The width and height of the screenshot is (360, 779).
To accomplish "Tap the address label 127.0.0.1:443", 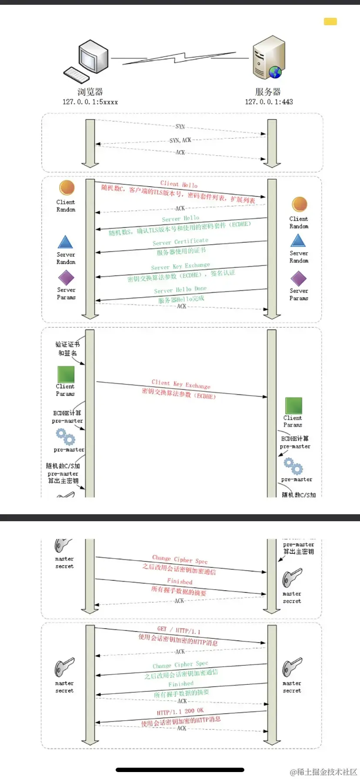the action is [269, 102].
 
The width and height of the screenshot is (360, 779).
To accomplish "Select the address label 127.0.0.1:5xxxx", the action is [90, 102].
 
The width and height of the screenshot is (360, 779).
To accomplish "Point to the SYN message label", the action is [180, 127].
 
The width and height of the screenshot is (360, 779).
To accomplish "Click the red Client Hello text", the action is [179, 184].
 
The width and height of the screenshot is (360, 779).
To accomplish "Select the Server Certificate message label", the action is [180, 242].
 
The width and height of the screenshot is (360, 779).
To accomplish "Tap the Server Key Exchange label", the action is [180, 266].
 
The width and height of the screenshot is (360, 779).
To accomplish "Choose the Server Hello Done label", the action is [180, 290].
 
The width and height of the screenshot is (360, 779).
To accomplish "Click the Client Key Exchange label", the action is [181, 384].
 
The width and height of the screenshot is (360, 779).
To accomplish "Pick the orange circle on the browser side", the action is [67, 188].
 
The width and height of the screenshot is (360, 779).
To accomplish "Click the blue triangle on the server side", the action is [298, 240].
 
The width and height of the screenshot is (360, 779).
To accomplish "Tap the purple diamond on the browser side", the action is [66, 278].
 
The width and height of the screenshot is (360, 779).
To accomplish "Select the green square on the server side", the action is [293, 405].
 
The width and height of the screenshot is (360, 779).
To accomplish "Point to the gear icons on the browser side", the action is [65, 436].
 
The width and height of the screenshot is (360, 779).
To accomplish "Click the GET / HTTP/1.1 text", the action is [179, 629].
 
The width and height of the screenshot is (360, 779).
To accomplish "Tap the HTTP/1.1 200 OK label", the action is [180, 712].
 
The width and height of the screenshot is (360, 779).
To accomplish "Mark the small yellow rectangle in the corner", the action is [330, 22].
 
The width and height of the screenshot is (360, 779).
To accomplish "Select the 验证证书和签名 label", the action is [67, 349].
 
